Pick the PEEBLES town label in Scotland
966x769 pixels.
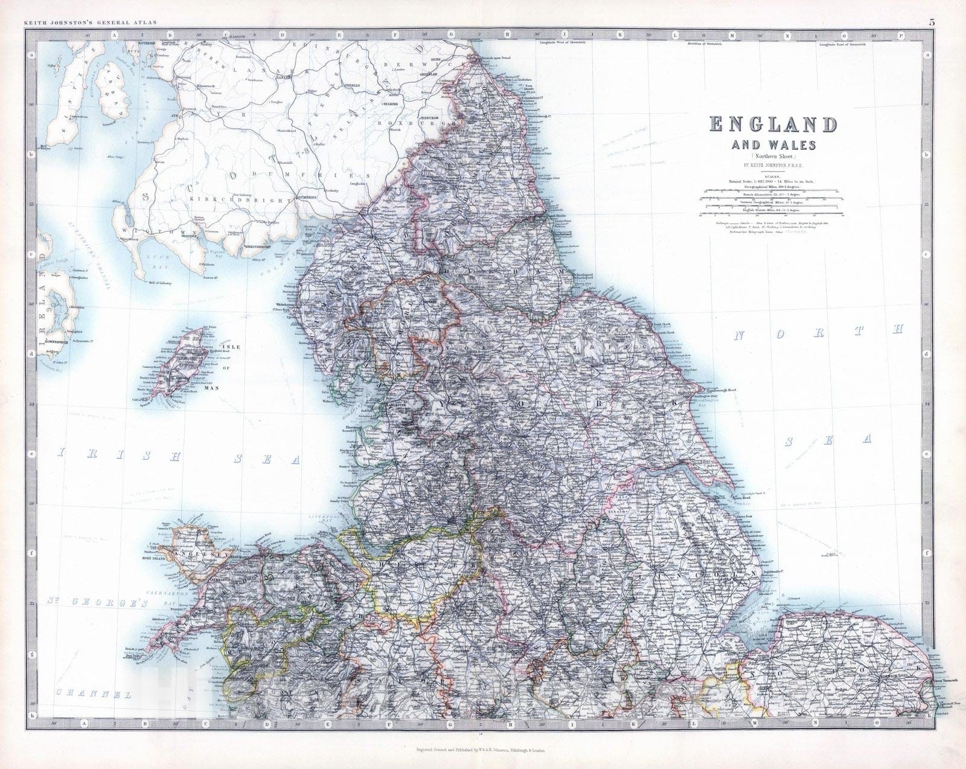click(x=352, y=86)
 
